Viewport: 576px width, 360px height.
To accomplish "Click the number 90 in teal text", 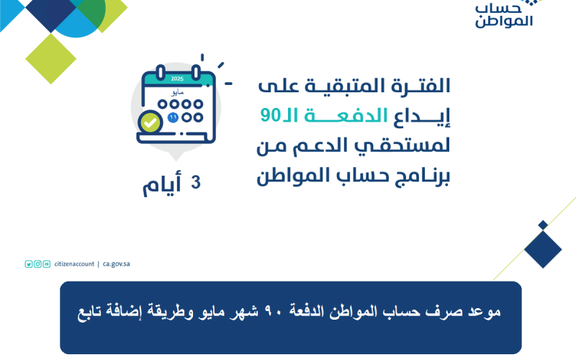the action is (271, 115).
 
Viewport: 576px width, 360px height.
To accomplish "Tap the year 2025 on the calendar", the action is (177, 78).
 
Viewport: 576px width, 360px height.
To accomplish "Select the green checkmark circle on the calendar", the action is (150, 122).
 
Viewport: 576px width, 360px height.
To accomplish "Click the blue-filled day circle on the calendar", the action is (173, 117).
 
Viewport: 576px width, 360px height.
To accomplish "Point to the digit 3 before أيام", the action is (196, 182).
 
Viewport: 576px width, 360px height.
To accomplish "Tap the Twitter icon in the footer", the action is (29, 264).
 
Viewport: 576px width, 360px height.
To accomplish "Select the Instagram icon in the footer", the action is (37, 264).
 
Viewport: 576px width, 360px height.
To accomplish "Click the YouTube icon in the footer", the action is (47, 264).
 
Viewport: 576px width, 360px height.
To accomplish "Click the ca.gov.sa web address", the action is (116, 264).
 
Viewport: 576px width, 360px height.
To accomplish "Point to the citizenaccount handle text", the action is (74, 264).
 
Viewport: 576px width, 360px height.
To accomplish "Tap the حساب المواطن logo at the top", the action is (504, 15).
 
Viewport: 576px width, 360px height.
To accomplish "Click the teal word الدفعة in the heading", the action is (346, 115).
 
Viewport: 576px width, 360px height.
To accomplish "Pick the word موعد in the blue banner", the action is (485, 312).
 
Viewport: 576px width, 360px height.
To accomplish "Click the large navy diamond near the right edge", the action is (543, 249).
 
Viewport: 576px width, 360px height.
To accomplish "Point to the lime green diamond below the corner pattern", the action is (50, 59).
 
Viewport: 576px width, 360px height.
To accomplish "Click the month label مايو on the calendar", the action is (177, 92).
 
